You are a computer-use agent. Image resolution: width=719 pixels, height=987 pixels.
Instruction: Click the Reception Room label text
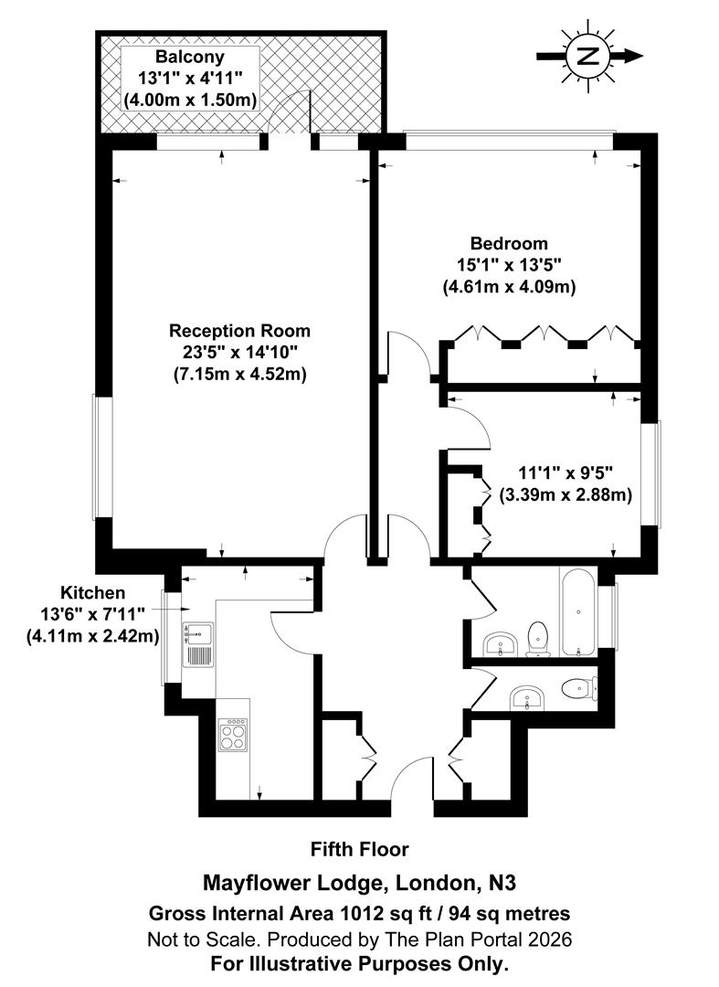click(x=239, y=330)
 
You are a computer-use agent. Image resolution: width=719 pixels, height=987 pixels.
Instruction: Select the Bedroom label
click(x=509, y=244)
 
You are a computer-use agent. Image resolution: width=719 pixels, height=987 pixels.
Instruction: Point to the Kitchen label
click(x=93, y=592)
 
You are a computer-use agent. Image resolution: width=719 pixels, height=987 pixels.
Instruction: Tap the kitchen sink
click(x=197, y=631)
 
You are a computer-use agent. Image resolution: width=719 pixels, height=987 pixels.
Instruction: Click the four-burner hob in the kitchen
click(x=232, y=735)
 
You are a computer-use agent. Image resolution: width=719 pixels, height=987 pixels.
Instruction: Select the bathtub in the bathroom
click(x=579, y=612)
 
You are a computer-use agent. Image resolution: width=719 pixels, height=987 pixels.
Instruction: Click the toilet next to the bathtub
click(x=537, y=638)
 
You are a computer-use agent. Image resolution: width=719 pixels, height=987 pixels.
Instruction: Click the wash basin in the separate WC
click(x=525, y=697)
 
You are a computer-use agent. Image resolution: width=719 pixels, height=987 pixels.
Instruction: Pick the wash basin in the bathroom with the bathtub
click(x=499, y=644)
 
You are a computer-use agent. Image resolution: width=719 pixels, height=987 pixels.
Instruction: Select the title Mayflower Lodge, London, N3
click(x=359, y=883)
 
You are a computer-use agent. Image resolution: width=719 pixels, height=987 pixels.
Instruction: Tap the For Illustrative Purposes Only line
click(x=359, y=963)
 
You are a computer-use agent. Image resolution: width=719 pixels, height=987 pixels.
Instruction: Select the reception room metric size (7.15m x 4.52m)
click(x=239, y=374)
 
